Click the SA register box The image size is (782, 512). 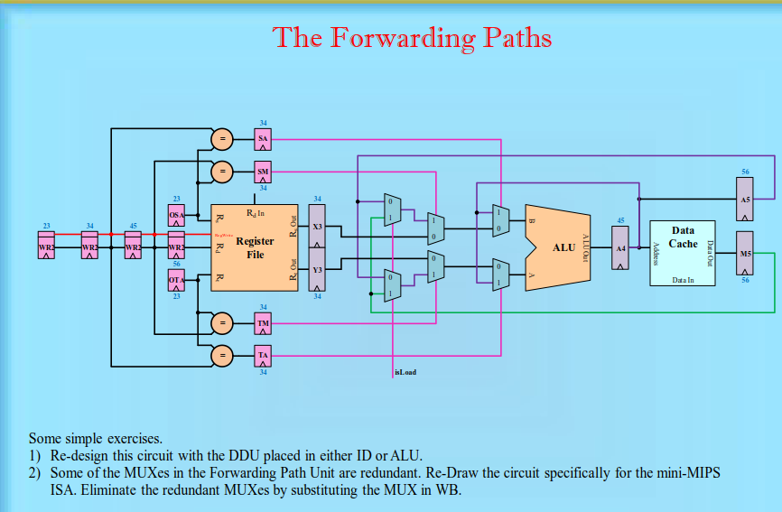tap(263, 139)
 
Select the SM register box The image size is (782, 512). tap(263, 172)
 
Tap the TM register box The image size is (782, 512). tap(263, 323)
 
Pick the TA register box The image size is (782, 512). tap(263, 356)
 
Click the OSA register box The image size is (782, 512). tap(177, 216)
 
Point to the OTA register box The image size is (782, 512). tap(177, 280)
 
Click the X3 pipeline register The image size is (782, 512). tap(317, 226)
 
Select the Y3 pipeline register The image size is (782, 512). tap(317, 270)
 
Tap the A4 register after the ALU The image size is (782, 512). tap(620, 247)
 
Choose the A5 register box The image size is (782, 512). tap(745, 199)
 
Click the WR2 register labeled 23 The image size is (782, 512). tap(47, 247)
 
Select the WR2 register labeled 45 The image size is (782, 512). tap(133, 247)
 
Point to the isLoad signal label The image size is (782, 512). tap(405, 372)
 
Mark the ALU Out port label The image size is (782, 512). tap(586, 246)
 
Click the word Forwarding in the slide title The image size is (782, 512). tap(402, 38)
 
